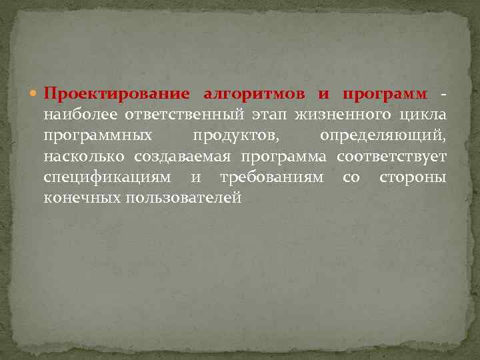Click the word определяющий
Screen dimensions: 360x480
[x=383, y=136]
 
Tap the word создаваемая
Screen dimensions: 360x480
[x=182, y=157]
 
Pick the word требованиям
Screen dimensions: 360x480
[x=272, y=178]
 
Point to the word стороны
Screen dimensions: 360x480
[x=413, y=178]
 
